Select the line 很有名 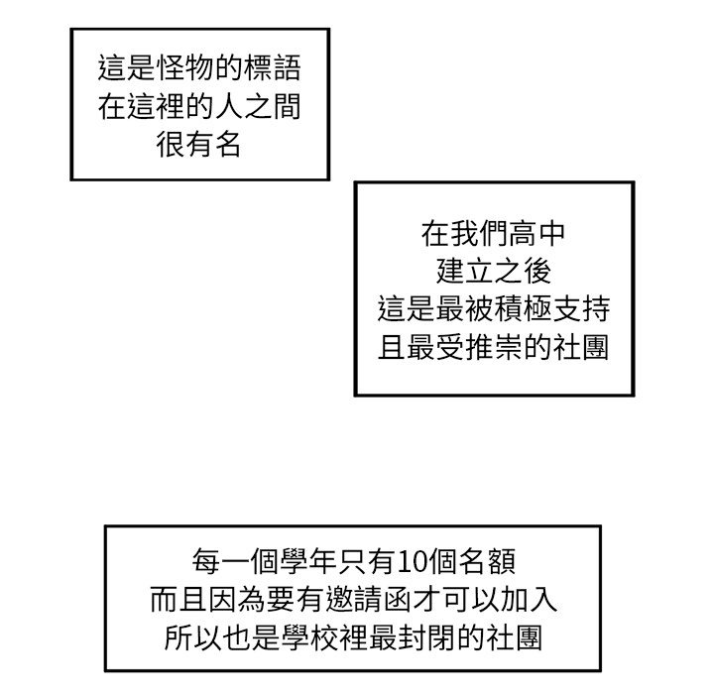click(198, 145)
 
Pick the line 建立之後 click(493, 272)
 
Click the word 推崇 click(493, 347)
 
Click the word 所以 click(182, 636)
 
